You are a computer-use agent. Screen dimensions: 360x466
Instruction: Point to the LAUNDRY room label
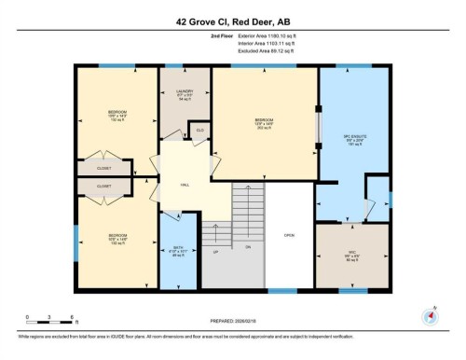click(184, 91)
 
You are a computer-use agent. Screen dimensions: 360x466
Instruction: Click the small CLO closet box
click(199, 131)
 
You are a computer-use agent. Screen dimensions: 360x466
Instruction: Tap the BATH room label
click(177, 249)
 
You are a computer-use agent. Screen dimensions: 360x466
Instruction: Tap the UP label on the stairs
click(215, 252)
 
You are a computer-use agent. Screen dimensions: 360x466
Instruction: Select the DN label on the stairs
click(248, 246)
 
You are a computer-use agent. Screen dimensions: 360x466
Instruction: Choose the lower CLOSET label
click(104, 186)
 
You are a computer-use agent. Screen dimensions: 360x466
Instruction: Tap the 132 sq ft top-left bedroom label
click(116, 119)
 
